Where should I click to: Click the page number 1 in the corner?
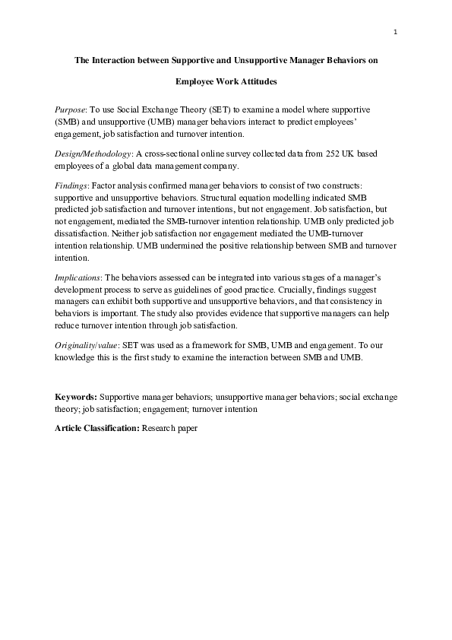coord(396,32)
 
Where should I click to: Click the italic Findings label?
coord(71,186)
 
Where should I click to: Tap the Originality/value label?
coord(86,344)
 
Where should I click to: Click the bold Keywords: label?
coord(76,398)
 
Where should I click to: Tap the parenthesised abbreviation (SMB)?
coord(69,122)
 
